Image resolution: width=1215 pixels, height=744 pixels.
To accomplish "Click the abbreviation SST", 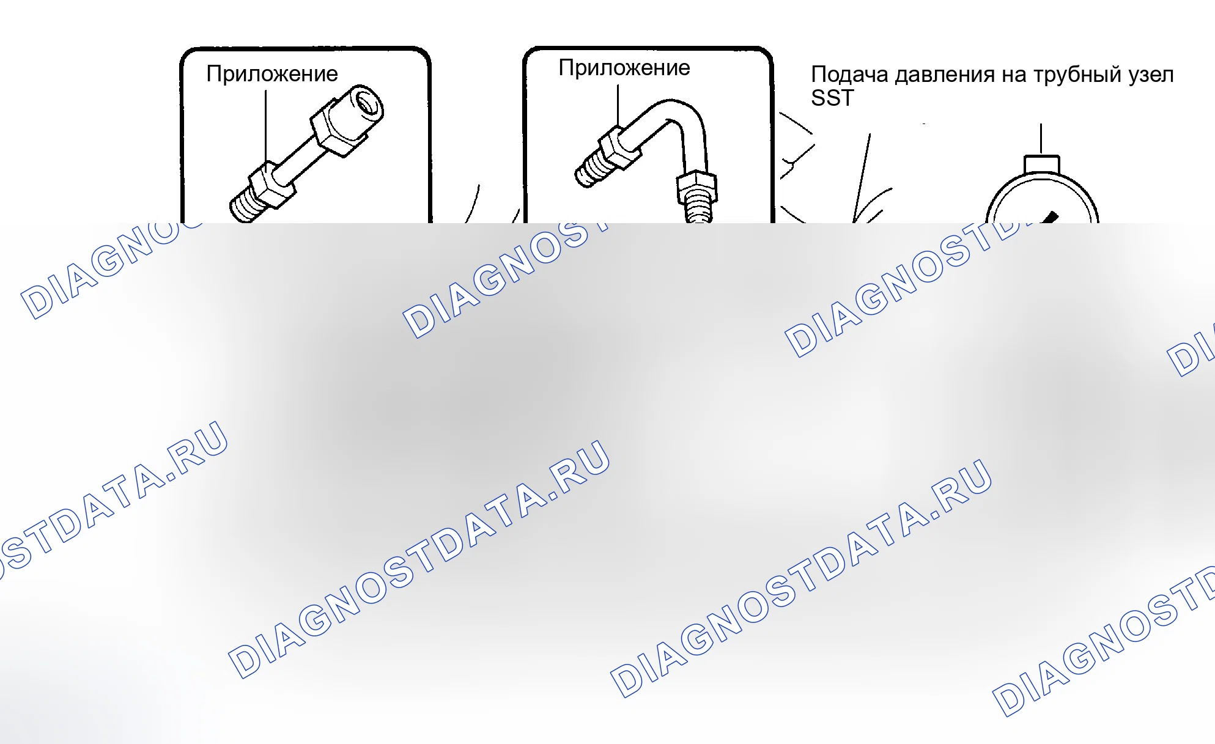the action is coord(832,98).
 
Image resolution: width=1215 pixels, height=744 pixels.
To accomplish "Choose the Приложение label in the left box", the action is coord(272,73).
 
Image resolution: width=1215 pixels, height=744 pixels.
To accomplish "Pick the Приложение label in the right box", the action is coord(624,67).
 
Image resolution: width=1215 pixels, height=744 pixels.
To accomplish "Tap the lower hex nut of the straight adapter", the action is coord(271,185).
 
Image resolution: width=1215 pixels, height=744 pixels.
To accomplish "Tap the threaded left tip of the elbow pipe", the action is coord(588,169).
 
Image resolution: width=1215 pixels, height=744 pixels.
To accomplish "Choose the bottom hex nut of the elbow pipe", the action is coord(696,186).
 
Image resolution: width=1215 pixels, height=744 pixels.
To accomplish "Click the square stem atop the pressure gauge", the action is coord(1042,164).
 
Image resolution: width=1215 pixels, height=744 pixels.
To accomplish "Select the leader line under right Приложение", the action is coord(618,106).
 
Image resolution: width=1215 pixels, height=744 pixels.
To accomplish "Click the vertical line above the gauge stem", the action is coord(1041,139).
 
